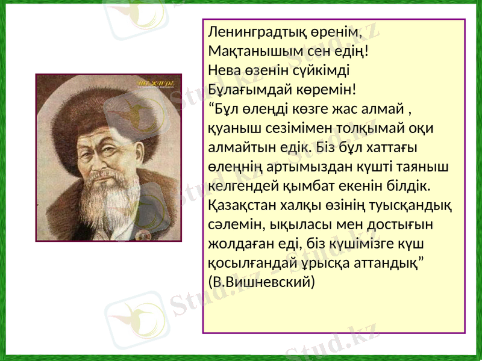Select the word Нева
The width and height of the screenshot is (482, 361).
222,70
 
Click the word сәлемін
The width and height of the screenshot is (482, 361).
231,224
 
